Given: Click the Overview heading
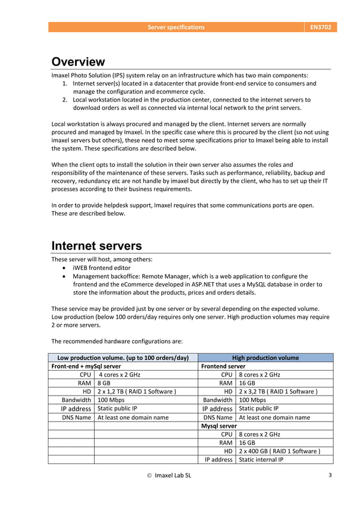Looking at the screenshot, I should coord(78,62).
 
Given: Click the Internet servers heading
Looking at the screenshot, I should coord(96,245).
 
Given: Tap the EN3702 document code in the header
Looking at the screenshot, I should coord(321,27).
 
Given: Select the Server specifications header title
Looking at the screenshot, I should coord(176,27).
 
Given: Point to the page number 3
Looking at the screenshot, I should coord(330,475).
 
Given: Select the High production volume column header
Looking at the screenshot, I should coord(265,358).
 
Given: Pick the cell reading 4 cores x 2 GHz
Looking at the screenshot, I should coord(121,374).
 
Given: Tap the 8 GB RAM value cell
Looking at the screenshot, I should coord(104,383).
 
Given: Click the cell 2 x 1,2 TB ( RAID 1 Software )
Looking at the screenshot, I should coord(137,391).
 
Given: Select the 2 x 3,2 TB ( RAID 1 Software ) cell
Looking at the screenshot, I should coord(278,391).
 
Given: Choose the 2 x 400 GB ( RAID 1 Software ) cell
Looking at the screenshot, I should coord(279,451).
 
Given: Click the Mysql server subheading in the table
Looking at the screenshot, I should coord(219,425).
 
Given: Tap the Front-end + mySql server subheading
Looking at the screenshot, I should coord(86,366).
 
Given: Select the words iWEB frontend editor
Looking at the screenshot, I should coord(102,268).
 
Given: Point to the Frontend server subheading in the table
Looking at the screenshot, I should coord(223,366).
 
